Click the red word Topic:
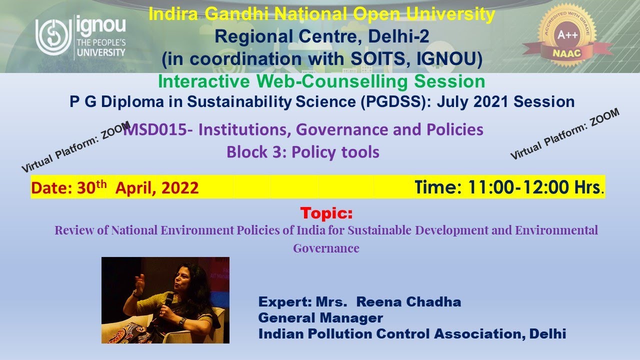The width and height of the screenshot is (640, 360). coord(326,213)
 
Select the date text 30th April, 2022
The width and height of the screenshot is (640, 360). coord(137,187)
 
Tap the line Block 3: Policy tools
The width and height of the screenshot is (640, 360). coord(303,152)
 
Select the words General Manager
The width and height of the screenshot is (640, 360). coord(320,317)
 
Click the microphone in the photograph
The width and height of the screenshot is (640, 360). coord(168,300)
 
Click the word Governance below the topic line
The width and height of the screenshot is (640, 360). coord(326,248)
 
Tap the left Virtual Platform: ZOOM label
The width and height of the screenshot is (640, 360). coord(75,147)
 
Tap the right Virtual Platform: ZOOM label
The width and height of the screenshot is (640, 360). coord(564,134)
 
